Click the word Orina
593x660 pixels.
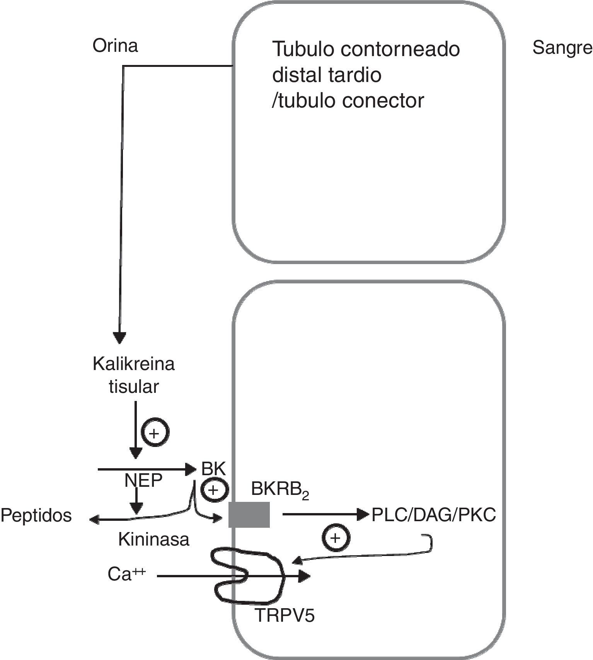115,46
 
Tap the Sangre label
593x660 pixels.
562,48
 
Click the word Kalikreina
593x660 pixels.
134,364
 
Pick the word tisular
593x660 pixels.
134,387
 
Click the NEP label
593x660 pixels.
143,481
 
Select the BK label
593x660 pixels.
213,469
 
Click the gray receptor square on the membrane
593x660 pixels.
249,515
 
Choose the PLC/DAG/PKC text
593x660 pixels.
433,515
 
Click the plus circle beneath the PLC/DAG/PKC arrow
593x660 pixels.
336,538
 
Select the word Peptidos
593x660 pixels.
36,516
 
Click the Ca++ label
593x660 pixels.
126,575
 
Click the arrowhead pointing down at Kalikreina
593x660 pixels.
120,338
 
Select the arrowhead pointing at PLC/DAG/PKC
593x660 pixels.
363,514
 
